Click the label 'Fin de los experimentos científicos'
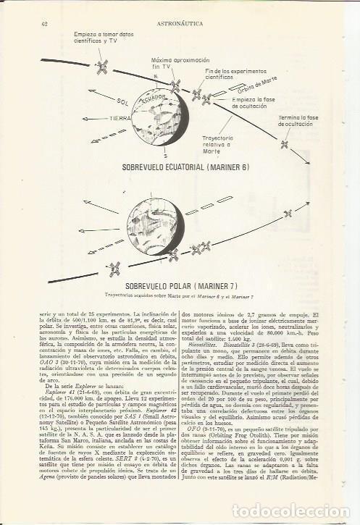[x=227, y=74]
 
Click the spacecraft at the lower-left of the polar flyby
[x=114, y=270]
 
